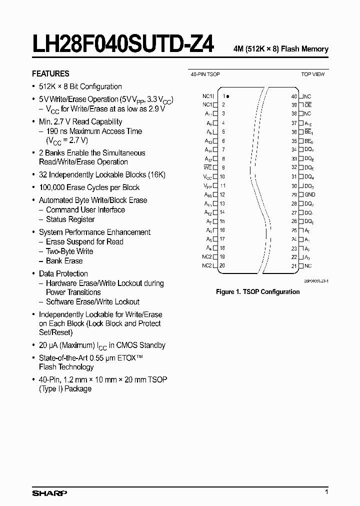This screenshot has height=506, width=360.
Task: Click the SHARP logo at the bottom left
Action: [x=49, y=493]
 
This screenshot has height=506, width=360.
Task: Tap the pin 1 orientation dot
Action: [x=228, y=96]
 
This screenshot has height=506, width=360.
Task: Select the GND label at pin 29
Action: [x=310, y=194]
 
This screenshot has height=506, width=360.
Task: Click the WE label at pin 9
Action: [x=208, y=168]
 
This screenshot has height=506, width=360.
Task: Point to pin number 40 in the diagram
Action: [x=294, y=96]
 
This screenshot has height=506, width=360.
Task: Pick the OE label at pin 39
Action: [x=308, y=105]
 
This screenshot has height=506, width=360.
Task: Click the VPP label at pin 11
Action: [x=207, y=185]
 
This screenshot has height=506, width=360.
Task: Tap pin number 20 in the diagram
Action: [x=222, y=265]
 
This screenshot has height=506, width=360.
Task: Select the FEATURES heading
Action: [x=50, y=73]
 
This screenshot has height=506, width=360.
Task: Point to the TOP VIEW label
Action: [x=312, y=74]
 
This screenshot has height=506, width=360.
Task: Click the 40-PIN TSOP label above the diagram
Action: [x=205, y=74]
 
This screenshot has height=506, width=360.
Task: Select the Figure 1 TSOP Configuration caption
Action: [x=257, y=291]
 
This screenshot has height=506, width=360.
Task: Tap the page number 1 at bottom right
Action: [x=326, y=492]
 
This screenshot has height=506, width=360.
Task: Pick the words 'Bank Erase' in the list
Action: [x=64, y=261]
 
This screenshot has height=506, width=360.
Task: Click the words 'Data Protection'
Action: [x=63, y=273]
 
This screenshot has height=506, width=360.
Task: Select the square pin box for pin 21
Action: [x=301, y=266]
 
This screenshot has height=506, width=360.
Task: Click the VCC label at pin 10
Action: [x=207, y=177]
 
